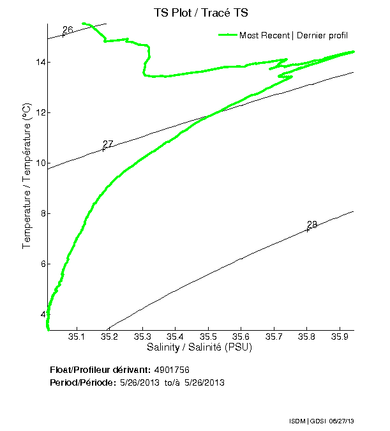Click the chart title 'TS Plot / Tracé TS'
200,13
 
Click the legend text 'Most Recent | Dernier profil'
294,35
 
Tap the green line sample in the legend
227,35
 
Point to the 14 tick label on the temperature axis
40,63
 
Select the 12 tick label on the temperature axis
40,113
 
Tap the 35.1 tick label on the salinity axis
77,336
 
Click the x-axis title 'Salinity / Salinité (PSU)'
199,348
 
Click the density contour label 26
68,30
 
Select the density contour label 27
108,144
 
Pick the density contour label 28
312,225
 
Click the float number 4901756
172,370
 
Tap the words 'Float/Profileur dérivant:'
100,370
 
